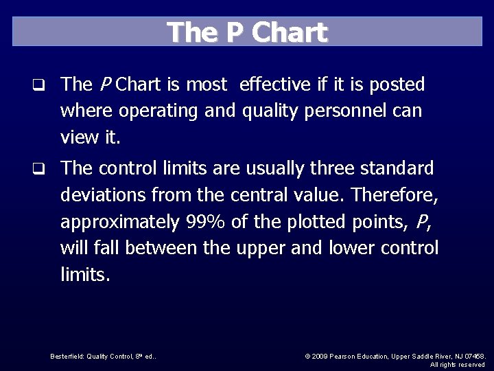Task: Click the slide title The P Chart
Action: coord(247,32)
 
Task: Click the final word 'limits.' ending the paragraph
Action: coord(85,275)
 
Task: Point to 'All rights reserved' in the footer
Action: coord(458,364)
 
